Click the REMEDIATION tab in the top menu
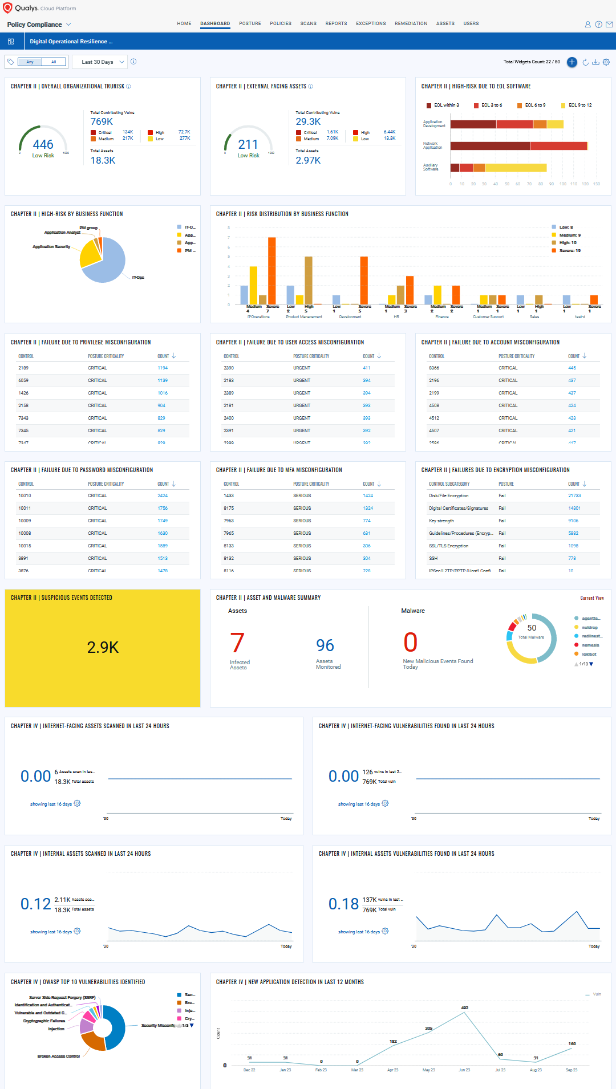click(411, 23)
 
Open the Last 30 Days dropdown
click(102, 62)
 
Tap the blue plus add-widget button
click(572, 62)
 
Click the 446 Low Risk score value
click(43, 145)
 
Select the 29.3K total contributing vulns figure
click(308, 121)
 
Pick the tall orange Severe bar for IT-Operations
click(271, 270)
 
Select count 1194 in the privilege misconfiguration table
click(163, 368)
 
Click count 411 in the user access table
click(367, 368)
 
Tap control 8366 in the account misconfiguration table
click(434, 368)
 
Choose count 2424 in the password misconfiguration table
click(163, 495)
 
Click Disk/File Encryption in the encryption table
click(449, 495)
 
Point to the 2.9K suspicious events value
click(103, 647)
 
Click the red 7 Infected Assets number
click(237, 643)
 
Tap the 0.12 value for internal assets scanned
click(35, 904)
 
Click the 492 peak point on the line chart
click(465, 1013)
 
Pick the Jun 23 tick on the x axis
click(464, 1070)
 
